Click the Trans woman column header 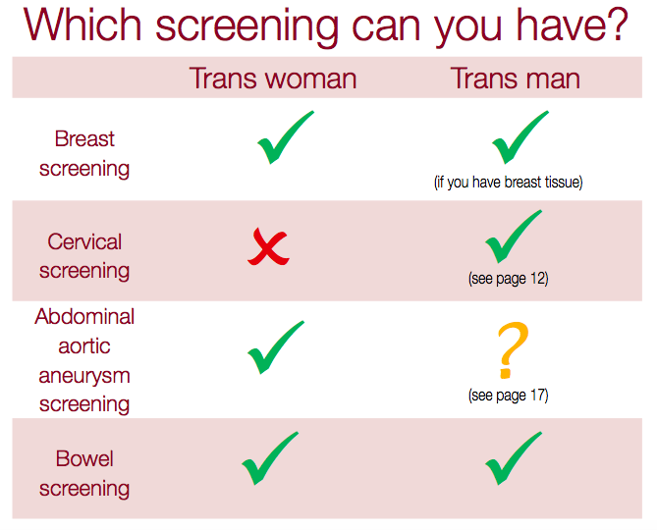point(273,79)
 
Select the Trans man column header point(516,79)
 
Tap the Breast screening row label point(84,154)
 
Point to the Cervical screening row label point(84,256)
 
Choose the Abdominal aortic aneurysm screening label point(84,361)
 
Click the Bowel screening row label point(84,474)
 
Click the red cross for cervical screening point(268,247)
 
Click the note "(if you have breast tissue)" point(509,183)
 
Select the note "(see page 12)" point(509,279)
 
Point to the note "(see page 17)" point(509,396)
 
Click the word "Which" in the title point(82,25)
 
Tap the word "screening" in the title point(246,27)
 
